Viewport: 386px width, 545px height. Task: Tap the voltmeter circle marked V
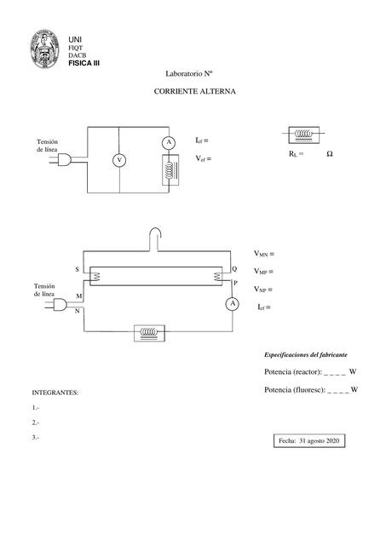click(119, 160)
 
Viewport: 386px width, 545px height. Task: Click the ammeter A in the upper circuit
click(169, 141)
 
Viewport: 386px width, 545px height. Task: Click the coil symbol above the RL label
click(303, 134)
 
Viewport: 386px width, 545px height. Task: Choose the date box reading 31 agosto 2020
click(308, 440)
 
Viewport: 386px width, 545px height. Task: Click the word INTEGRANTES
click(55, 393)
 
